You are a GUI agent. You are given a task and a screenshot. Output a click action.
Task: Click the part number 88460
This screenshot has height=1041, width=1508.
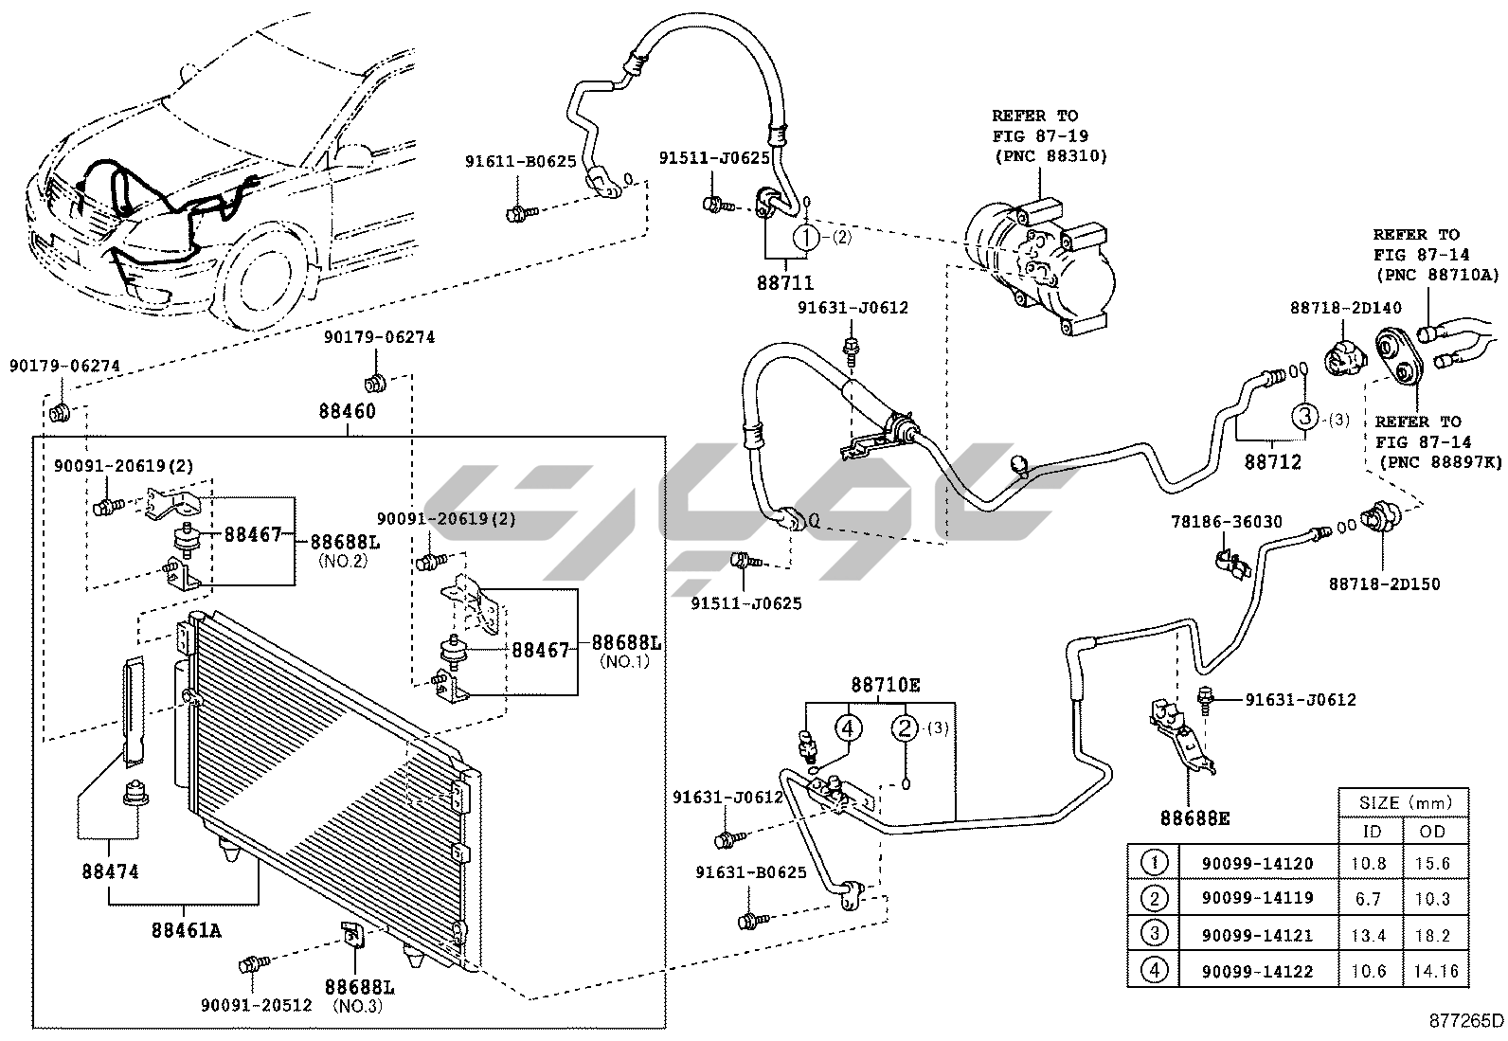[x=347, y=412]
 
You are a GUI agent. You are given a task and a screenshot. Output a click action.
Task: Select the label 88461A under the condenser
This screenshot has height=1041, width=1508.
[x=186, y=930]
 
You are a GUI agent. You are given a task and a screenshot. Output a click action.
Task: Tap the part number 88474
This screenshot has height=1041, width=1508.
[x=110, y=870]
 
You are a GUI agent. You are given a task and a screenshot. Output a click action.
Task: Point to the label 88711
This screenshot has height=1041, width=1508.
[x=785, y=282]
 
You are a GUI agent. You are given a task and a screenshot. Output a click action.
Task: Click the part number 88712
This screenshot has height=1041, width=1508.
[x=1272, y=462]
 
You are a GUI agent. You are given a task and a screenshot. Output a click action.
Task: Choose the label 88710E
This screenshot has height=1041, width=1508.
[x=886, y=684]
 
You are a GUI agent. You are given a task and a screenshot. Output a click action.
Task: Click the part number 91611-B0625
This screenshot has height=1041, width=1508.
[x=520, y=162]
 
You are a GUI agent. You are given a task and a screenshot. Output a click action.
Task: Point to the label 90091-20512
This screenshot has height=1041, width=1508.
[x=257, y=1005]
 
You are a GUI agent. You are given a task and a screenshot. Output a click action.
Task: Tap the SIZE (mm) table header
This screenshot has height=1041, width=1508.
[x=1404, y=802]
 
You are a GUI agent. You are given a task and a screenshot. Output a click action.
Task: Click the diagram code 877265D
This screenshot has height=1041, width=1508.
[x=1466, y=1021]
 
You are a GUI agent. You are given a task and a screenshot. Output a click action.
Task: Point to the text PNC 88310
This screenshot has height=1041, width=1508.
[x=1050, y=155]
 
